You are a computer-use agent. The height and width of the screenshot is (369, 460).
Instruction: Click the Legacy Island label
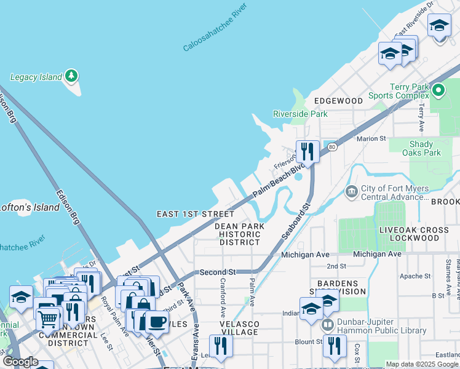point(36,77)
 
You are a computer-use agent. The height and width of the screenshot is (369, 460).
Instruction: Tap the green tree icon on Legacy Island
point(73,76)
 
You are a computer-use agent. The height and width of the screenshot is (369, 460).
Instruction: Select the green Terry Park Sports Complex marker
point(438,92)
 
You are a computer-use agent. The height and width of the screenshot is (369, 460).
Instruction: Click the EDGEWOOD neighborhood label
point(339,100)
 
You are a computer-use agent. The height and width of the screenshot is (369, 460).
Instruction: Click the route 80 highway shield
point(333,147)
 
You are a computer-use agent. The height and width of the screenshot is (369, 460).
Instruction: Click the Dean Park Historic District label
point(240,234)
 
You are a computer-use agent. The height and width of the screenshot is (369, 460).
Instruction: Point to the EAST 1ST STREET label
point(195,214)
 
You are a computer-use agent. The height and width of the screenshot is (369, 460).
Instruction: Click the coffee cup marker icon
point(157,322)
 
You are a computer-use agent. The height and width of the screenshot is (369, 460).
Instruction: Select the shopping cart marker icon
point(48,319)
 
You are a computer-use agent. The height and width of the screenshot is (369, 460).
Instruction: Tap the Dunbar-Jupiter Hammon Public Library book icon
point(327,323)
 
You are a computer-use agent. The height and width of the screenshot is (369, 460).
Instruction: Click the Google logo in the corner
point(20,362)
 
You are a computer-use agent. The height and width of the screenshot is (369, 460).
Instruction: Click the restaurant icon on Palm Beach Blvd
point(306,151)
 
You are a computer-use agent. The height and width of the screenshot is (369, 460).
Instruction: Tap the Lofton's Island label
point(12,207)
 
